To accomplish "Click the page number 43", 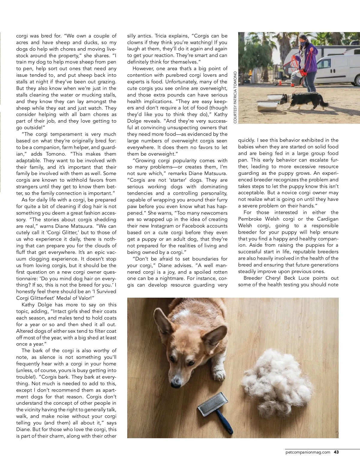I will tap(336, 452).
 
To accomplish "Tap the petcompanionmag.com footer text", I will tap(308, 452).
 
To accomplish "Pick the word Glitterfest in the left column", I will tap(46, 298).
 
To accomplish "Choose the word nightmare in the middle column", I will tap(168, 278).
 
